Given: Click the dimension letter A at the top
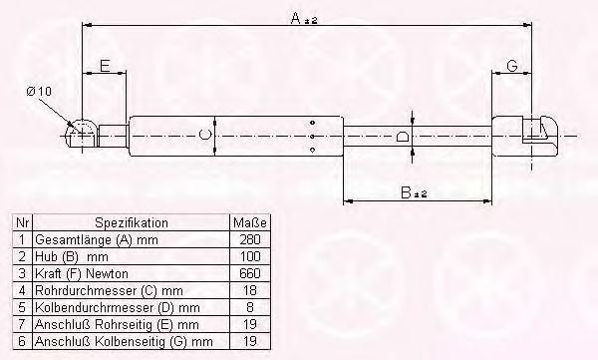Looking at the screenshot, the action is coord(296,18).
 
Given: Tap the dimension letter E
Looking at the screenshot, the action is coord(105,66).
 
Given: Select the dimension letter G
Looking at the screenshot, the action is coord(512,66).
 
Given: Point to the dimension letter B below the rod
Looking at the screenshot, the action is coord(406,192).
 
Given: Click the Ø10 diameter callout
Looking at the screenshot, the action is coord(39,91).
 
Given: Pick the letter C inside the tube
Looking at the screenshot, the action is coord(205,135).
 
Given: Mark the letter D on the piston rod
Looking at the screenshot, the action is coord(403,136).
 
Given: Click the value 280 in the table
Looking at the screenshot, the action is coord(250,239).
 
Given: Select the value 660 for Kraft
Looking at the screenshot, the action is coord(250,273).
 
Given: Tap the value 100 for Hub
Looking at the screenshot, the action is coord(250,256).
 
